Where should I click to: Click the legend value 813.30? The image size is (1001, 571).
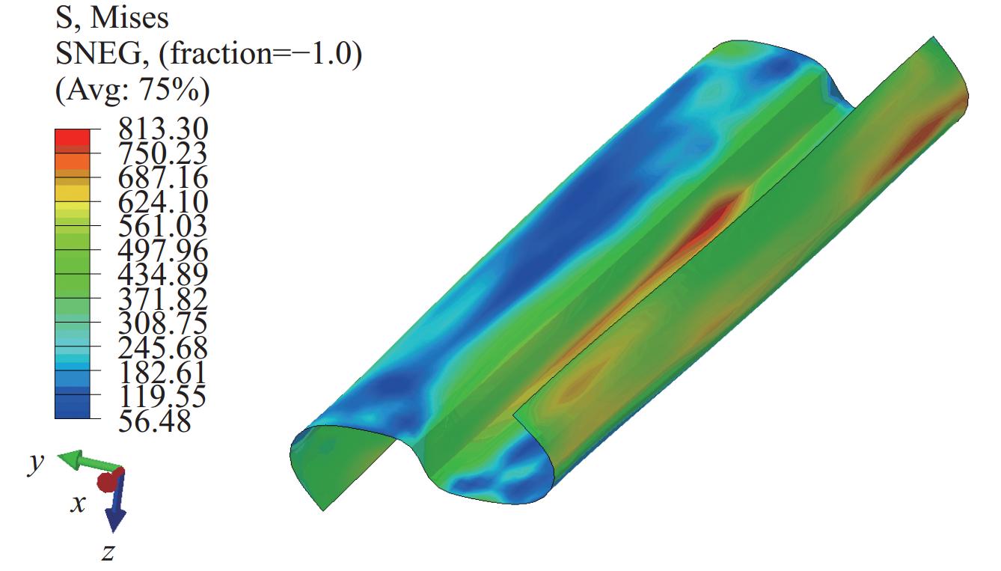click(163, 129)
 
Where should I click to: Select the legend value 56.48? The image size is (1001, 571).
click(154, 421)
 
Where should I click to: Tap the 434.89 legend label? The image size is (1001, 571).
click(163, 275)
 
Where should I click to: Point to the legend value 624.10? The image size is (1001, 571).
click(163, 202)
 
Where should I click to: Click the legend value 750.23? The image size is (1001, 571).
click(163, 153)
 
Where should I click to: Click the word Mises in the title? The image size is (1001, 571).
click(129, 18)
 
